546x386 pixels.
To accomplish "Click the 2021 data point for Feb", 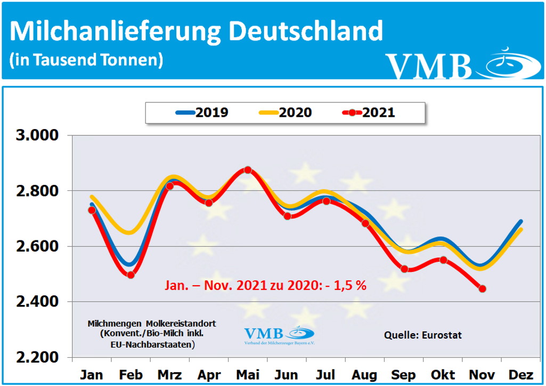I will coord(131,275).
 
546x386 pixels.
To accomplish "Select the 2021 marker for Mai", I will coord(248,170).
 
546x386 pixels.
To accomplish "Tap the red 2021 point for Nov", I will coord(483,289).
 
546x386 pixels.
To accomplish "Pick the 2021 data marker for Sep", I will coord(404,269).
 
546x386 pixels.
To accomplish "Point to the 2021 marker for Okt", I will coord(443,260).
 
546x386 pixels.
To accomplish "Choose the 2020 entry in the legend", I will coord(286,113).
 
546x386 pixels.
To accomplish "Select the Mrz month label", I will coord(170,375).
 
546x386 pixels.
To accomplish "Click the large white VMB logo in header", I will coord(429,66).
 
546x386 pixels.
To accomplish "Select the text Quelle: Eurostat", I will coord(422,335).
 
